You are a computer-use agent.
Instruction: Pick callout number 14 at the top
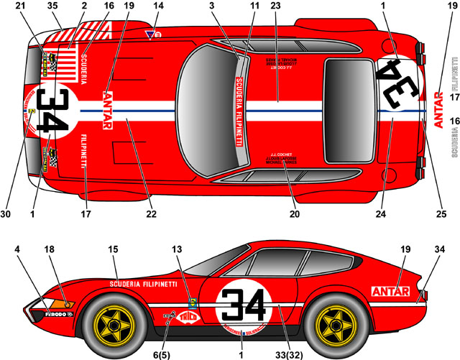click(x=159, y=6)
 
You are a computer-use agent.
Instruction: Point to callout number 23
click(x=275, y=6)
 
